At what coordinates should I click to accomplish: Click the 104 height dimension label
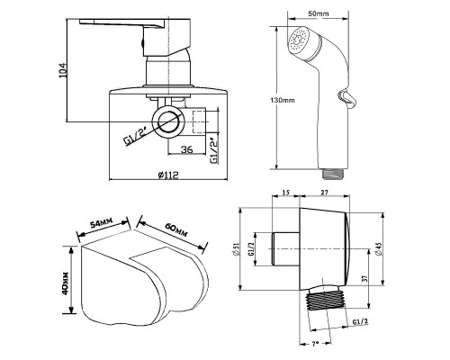[x=63, y=70]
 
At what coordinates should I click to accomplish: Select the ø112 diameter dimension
[x=168, y=175]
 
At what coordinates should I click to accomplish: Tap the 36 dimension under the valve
[x=186, y=149]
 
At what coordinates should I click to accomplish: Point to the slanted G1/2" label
[x=135, y=138]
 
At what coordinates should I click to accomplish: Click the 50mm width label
[x=319, y=13]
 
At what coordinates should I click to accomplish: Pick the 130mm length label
[x=283, y=100]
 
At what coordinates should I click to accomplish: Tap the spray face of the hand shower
[x=299, y=41]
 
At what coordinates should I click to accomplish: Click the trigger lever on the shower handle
[x=347, y=99]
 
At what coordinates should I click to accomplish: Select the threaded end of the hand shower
[x=333, y=174]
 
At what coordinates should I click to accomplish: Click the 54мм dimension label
[x=102, y=223]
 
